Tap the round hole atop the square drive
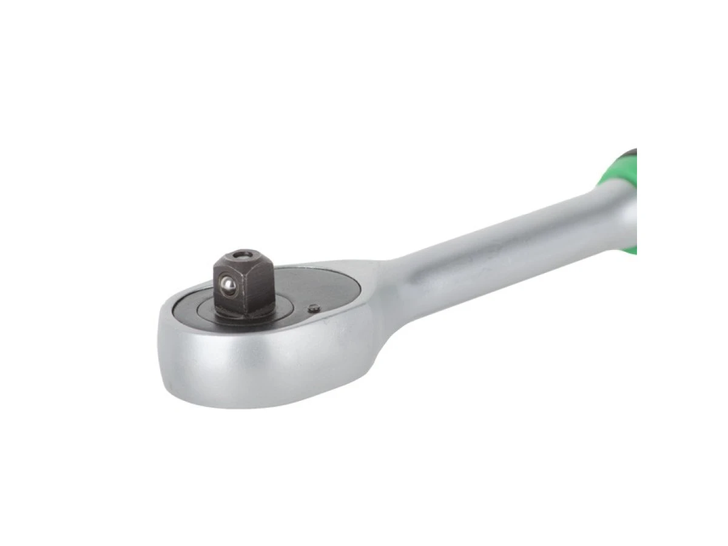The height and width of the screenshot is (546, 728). (x=243, y=255)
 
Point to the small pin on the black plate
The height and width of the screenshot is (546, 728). (x=313, y=308)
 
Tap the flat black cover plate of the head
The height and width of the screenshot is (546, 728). (x=315, y=285)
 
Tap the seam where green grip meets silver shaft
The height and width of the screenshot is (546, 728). (x=601, y=182)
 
